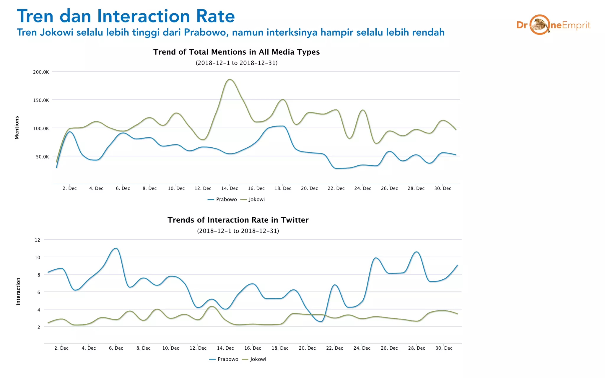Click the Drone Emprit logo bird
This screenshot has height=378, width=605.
pyautogui.click(x=540, y=25)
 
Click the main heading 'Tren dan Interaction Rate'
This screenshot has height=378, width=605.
pyautogui.click(x=126, y=16)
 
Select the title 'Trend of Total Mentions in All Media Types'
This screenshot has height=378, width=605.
pyautogui.click(x=236, y=52)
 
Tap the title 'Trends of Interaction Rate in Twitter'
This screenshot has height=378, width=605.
pyautogui.click(x=238, y=220)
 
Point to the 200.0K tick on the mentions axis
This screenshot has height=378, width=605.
pyautogui.click(x=41, y=72)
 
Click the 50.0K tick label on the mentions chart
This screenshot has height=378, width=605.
pyautogui.click(x=43, y=157)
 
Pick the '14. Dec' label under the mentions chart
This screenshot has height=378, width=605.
pyautogui.click(x=230, y=188)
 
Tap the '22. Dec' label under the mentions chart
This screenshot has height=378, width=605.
pyautogui.click(x=336, y=188)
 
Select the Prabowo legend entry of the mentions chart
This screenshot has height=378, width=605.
pyautogui.click(x=226, y=200)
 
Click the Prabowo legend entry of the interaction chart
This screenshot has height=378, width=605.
pyautogui.click(x=227, y=359)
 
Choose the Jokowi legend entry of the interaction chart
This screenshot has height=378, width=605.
pyautogui.click(x=258, y=359)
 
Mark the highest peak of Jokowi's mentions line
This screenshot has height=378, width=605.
pyautogui.click(x=230, y=79)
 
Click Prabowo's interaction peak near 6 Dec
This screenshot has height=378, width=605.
pyautogui.click(x=116, y=248)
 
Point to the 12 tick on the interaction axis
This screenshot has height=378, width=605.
pyautogui.click(x=38, y=240)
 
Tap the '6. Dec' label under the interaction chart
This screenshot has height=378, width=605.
pyautogui.click(x=116, y=348)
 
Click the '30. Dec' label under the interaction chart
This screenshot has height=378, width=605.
pyautogui.click(x=444, y=348)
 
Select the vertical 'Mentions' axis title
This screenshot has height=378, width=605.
pyautogui.click(x=17, y=127)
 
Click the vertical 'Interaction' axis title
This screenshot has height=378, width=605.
pyautogui.click(x=18, y=291)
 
